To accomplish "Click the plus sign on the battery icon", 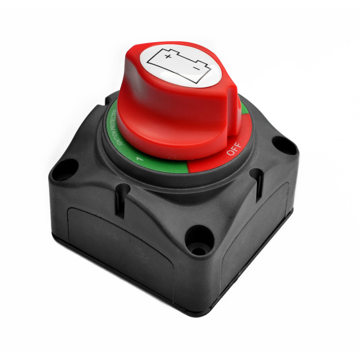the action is tap(168, 56).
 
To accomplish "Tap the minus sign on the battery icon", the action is tap(196, 68).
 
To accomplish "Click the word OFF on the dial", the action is tap(234, 149).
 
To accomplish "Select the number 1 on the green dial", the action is tap(139, 159).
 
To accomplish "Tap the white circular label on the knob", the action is tap(181, 66).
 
